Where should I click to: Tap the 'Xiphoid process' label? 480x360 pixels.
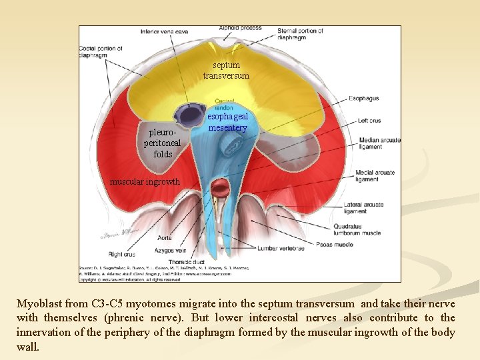tap(241, 27)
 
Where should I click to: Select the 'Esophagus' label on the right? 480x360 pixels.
tap(363, 99)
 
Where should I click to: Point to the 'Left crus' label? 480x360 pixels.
tap(369, 121)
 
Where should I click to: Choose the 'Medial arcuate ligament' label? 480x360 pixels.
tap(375, 177)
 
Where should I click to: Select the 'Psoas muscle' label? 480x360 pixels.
tap(335, 245)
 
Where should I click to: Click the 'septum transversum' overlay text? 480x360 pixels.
tap(226, 71)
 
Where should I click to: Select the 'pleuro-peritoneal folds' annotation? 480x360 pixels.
tap(163, 143)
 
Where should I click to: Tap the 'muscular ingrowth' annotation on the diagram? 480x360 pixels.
tap(145, 181)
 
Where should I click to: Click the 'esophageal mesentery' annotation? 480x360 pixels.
tap(228, 122)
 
